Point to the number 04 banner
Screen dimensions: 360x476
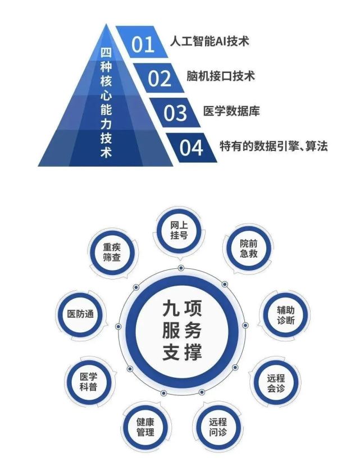(192, 148)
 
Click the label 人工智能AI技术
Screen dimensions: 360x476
(209, 41)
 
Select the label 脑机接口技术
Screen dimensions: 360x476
(221, 76)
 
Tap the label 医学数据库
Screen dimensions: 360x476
(231, 111)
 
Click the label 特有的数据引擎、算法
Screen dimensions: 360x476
(274, 146)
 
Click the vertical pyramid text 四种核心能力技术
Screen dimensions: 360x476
(106, 102)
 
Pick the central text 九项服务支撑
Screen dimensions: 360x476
(181, 330)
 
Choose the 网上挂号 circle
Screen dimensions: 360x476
(179, 230)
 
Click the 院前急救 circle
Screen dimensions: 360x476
(248, 248)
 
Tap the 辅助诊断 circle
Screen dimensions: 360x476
(285, 315)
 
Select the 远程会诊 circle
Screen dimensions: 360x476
(276, 383)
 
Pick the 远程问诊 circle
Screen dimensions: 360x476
(217, 427)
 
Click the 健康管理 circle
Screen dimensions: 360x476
(145, 427)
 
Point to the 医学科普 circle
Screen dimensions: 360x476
(88, 382)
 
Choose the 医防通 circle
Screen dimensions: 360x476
(80, 314)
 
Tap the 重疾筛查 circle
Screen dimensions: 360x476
(112, 252)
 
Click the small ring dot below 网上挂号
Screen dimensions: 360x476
(181, 268)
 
